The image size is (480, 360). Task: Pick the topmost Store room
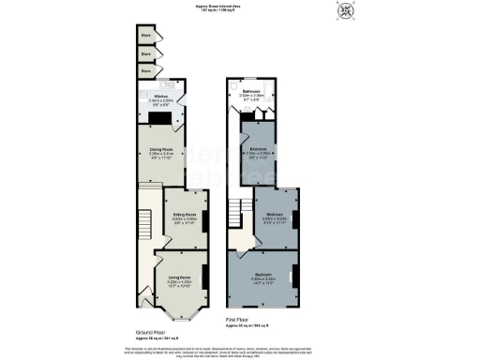tap(145, 37)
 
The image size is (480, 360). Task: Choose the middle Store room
tap(145, 53)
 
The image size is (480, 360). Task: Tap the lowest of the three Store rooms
tap(145, 69)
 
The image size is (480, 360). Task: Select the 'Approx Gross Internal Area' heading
tap(240, 6)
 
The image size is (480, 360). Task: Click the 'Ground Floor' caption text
tap(152, 333)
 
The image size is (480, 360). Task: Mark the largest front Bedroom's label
tap(262, 277)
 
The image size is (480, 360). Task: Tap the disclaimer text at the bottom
tap(240, 350)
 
